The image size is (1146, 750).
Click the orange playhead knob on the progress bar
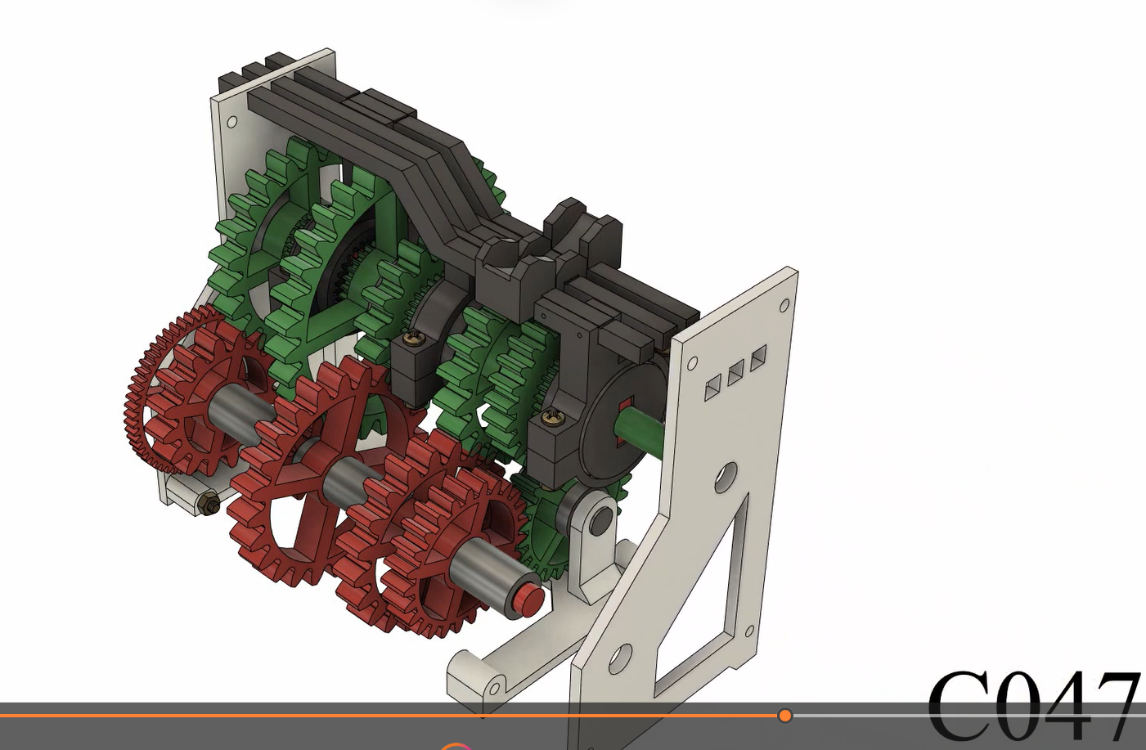point(785,716)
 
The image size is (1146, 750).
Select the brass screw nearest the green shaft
point(552,419)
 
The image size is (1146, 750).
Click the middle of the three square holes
point(735,373)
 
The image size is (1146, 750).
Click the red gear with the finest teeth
point(151,384)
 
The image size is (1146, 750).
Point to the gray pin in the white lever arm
point(600,519)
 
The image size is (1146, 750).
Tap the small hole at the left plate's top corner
point(231,123)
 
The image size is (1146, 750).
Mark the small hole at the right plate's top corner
point(784,306)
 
